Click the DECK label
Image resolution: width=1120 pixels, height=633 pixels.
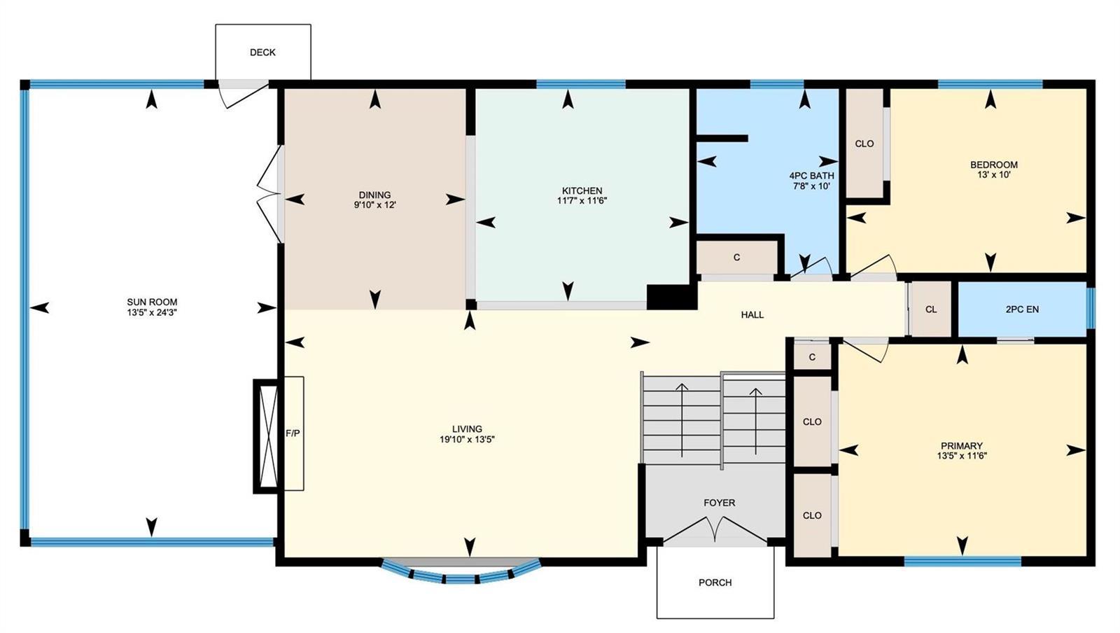[x=262, y=52]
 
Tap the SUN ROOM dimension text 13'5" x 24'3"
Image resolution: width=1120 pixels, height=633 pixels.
[x=152, y=312]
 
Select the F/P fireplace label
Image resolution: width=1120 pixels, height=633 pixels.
[x=293, y=433]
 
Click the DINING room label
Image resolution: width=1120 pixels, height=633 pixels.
[x=374, y=195]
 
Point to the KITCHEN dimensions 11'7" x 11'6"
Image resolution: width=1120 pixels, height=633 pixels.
[x=582, y=201]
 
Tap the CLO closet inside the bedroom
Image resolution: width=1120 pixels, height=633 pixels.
[x=864, y=144]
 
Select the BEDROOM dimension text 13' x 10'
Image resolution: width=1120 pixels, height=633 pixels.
[x=994, y=175]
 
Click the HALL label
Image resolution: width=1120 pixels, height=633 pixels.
[x=752, y=314]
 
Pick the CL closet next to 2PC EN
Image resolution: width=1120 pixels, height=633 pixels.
[x=931, y=309]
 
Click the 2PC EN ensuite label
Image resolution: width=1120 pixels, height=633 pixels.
[x=1022, y=309]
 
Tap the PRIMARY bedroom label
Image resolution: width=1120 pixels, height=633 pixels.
[x=962, y=445]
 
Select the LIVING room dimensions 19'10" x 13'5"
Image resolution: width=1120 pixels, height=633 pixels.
[x=467, y=440]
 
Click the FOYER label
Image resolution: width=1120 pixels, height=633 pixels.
[x=720, y=503]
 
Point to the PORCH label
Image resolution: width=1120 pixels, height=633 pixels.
[x=715, y=583]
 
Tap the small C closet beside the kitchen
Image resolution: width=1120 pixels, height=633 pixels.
[x=736, y=258]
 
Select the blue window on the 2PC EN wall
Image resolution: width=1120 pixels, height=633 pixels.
[x=1091, y=308]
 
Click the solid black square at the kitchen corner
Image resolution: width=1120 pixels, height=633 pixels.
[x=672, y=297]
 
